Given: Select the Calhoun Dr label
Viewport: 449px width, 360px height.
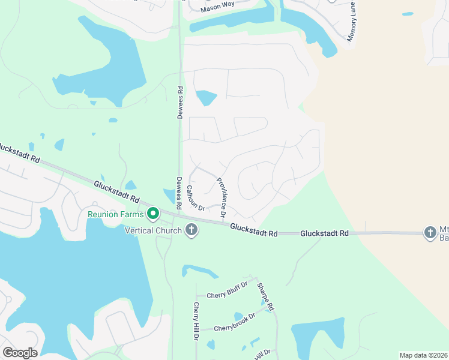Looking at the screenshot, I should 195,197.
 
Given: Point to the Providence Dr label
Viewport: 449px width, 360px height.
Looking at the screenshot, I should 221,197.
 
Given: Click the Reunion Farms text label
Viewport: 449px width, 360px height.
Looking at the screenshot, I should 116,214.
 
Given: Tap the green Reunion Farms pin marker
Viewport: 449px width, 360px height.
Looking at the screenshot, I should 153,213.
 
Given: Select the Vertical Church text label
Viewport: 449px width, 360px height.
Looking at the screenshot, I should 153,230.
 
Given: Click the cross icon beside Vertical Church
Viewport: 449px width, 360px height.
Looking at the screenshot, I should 191,230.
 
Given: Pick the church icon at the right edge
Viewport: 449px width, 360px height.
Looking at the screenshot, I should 430,232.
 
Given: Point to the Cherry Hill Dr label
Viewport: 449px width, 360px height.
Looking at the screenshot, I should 196,322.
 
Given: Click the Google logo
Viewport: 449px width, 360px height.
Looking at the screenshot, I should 20,353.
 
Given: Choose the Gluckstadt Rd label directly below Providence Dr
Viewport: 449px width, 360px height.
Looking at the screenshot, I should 255,232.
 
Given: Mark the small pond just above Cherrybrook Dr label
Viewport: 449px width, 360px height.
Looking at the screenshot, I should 238,316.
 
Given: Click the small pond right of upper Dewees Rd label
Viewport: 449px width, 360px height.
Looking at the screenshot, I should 206,97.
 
